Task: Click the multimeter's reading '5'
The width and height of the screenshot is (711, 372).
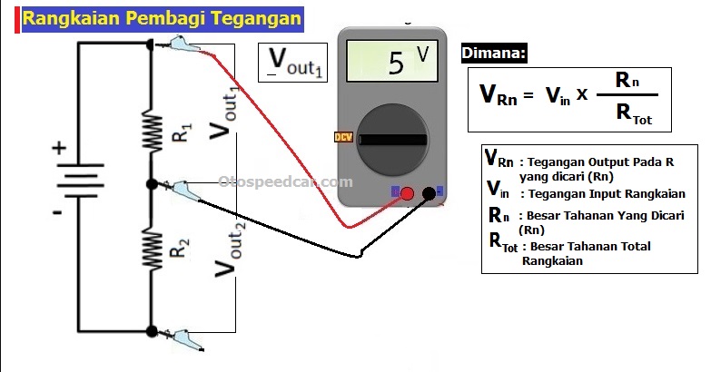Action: (396, 64)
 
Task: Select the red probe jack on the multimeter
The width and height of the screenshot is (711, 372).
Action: (408, 192)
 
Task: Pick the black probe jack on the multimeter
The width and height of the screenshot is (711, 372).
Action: (429, 192)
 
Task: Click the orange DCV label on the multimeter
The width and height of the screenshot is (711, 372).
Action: (343, 137)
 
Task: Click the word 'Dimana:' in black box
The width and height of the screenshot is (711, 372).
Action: (495, 54)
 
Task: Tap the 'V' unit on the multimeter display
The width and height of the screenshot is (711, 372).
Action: (423, 54)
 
